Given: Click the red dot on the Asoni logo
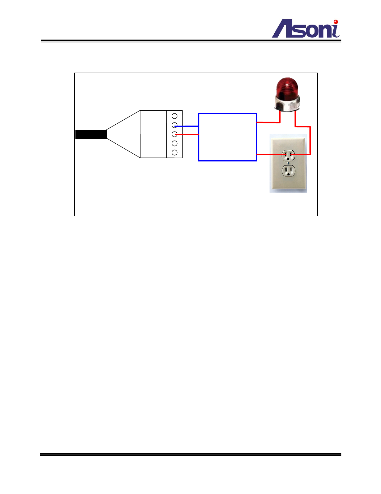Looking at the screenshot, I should [336, 22].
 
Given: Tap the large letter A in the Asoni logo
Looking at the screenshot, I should [284, 30].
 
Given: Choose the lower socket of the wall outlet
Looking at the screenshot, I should [288, 170].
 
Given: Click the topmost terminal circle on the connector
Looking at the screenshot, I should [174, 116].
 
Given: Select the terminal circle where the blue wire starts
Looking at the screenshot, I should [174, 125].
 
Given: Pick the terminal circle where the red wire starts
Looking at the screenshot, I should [174, 134].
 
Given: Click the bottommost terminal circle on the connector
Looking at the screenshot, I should [174, 152].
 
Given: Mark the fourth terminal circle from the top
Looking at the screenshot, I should [174, 143].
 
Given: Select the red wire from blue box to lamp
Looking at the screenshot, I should [268, 122].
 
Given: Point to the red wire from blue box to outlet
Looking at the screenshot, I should [269, 154].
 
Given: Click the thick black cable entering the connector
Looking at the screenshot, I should [91, 134].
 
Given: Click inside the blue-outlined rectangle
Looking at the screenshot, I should [227, 137].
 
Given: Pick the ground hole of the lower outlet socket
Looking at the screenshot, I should [288, 174].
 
